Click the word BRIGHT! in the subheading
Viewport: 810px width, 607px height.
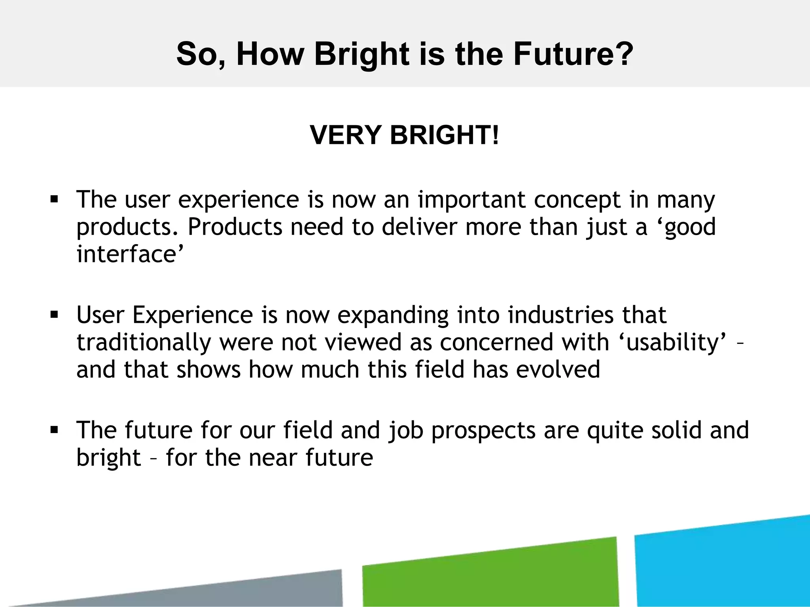coord(445,135)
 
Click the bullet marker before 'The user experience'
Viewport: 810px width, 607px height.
coord(54,199)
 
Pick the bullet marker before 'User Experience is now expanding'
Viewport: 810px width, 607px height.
coord(54,315)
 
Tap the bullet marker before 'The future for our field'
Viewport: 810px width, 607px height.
coord(54,430)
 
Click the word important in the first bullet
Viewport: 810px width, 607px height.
coord(472,200)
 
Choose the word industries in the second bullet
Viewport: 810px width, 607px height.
coord(560,315)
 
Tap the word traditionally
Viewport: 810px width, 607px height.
coord(144,343)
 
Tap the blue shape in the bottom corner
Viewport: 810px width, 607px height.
coord(724,563)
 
